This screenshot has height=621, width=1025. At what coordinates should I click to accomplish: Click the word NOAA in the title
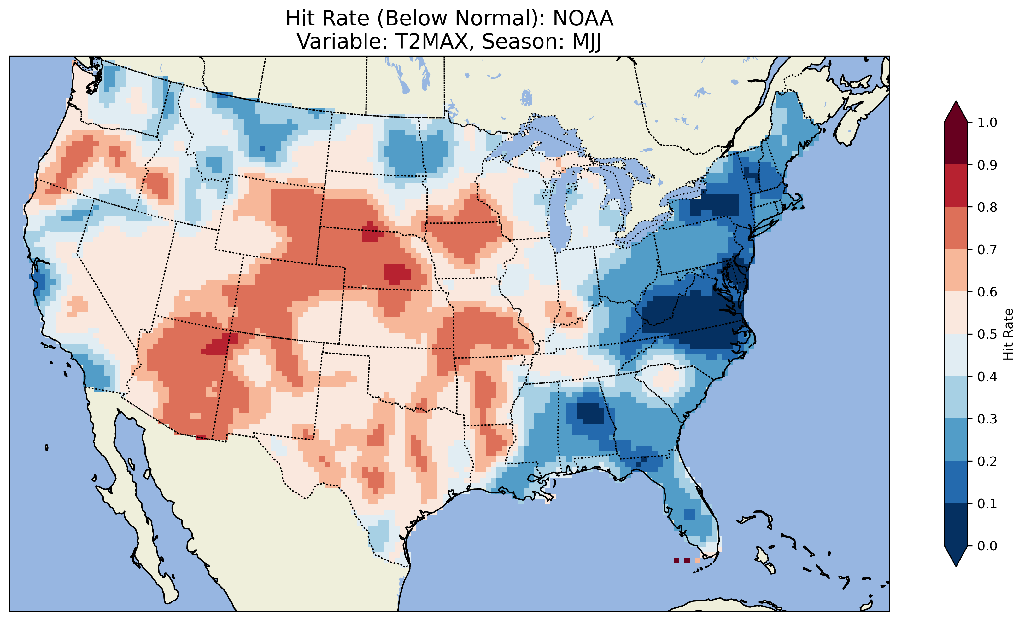click(583, 19)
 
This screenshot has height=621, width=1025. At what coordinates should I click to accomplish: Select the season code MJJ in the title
click(587, 42)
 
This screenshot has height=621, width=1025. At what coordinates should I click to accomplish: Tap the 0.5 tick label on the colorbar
click(987, 334)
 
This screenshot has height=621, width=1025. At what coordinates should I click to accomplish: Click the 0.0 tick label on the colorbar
click(987, 546)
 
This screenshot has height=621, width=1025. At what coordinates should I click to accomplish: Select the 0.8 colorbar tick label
click(987, 207)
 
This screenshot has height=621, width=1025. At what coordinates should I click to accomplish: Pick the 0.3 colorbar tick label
click(987, 419)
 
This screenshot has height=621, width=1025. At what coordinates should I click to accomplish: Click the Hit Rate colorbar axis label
click(1008, 334)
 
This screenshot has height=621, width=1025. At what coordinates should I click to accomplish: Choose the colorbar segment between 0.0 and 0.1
click(956, 525)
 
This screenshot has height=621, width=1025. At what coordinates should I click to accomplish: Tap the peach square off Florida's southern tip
click(698, 560)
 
